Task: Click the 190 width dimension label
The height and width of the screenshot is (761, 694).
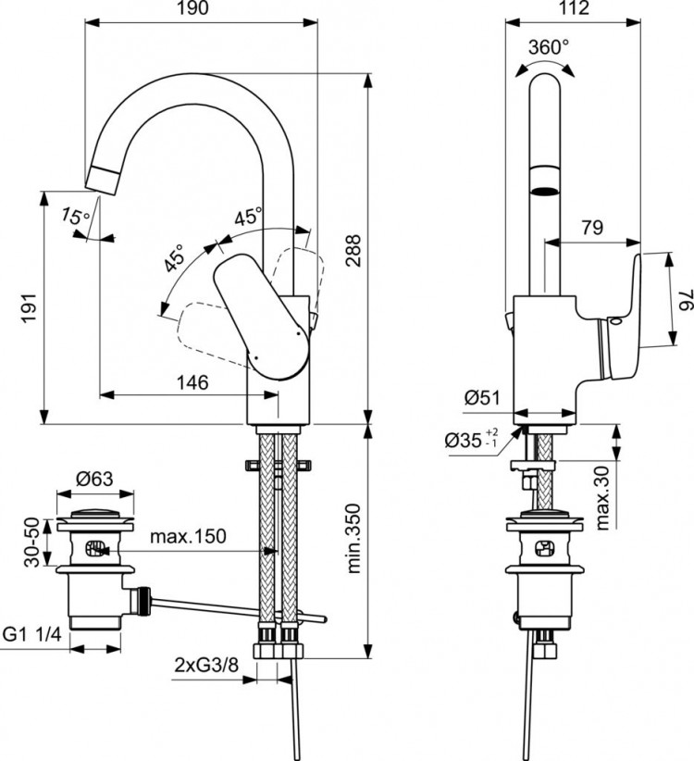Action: pos(200,10)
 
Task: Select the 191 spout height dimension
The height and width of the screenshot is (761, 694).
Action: pos(30,305)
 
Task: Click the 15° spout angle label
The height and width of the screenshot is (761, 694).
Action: pos(76,217)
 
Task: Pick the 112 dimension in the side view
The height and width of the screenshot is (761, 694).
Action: pos(574,10)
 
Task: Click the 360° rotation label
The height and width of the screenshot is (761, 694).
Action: pos(549,46)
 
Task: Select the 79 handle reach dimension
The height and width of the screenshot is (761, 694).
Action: pos(591,226)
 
